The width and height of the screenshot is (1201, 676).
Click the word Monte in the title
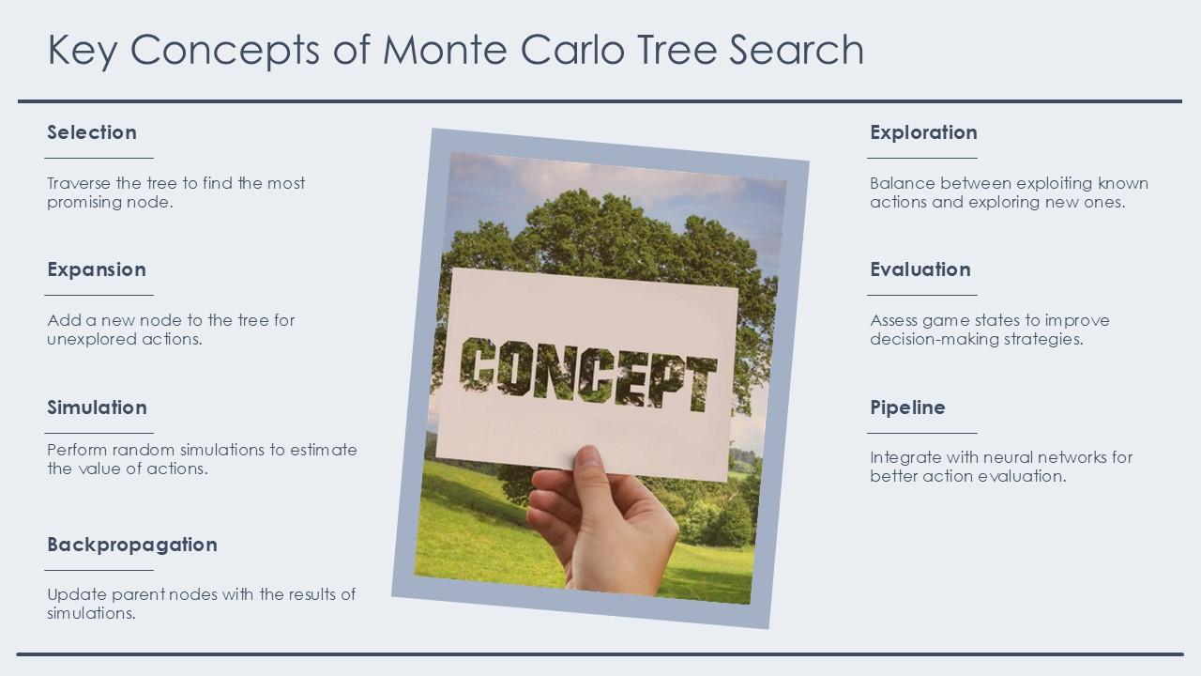tap(445, 50)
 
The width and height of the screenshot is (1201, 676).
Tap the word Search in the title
tap(797, 50)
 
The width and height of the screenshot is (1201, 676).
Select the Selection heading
tap(92, 132)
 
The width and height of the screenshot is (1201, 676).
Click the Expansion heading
tap(97, 269)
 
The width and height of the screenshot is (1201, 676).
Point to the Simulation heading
tap(97, 407)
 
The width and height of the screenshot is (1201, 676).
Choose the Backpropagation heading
tap(132, 545)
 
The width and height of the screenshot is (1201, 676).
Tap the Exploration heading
tap(924, 132)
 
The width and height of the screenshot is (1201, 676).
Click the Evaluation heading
tap(920, 269)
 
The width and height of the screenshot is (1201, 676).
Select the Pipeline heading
tap(907, 407)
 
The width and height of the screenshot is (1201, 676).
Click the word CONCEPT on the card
tap(588, 374)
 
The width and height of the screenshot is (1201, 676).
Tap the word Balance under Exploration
tap(903, 183)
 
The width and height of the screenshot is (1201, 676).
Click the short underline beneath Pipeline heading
tap(922, 433)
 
